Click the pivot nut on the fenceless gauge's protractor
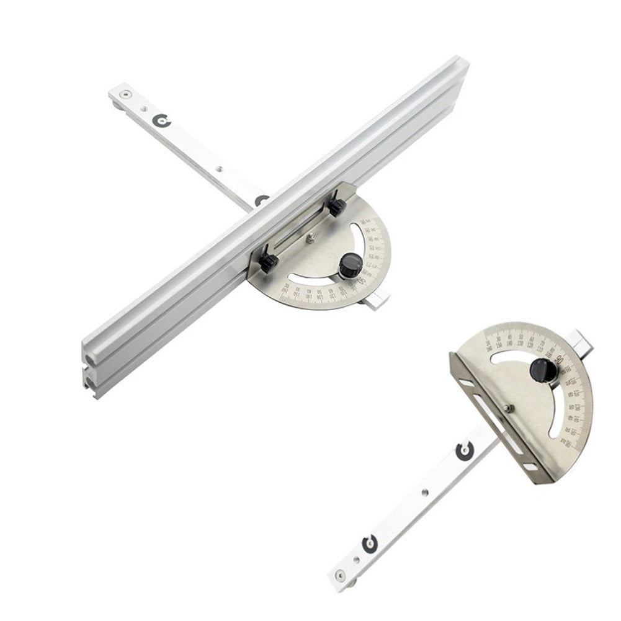coord(507,408)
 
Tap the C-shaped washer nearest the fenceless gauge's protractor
coord(463,451)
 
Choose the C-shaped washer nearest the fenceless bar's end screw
coord(369,544)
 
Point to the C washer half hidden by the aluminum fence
coord(261,200)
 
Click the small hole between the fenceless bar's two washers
coord(424,492)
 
